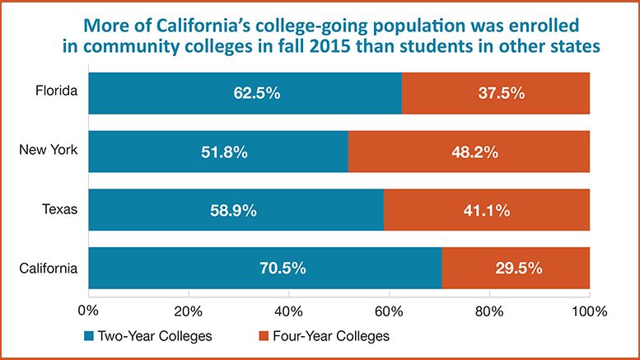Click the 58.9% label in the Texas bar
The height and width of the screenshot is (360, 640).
234,210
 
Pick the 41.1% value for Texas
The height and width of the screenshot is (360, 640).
487,210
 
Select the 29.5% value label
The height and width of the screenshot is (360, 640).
516,268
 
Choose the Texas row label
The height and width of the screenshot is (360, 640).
59,209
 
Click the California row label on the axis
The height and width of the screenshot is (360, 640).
48,268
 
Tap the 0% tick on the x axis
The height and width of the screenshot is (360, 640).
87,311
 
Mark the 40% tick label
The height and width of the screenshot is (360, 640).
288,311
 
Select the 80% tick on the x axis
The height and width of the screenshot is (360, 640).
489,311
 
